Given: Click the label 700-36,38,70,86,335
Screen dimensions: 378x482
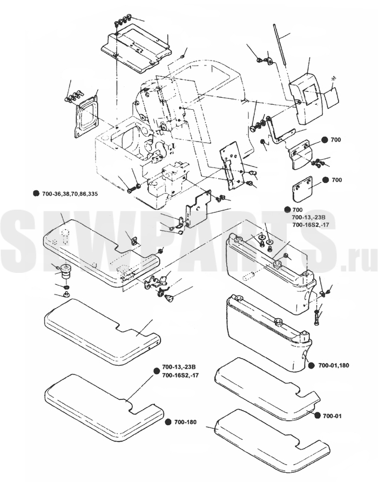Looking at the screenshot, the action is (70, 193).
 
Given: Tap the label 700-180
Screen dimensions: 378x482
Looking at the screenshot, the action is (185, 422).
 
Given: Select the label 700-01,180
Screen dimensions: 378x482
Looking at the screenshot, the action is (334, 365).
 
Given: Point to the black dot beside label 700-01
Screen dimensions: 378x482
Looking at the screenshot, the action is (318, 416).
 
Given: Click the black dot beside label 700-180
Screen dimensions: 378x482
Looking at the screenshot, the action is (168, 422).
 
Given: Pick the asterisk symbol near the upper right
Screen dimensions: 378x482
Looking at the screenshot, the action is (333, 79).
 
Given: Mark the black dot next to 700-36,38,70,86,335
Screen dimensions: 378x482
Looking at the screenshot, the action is (36, 193).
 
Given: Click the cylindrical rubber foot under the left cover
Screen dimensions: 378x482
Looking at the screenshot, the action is (65, 272).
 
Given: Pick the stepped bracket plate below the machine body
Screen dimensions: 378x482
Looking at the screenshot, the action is (198, 210).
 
